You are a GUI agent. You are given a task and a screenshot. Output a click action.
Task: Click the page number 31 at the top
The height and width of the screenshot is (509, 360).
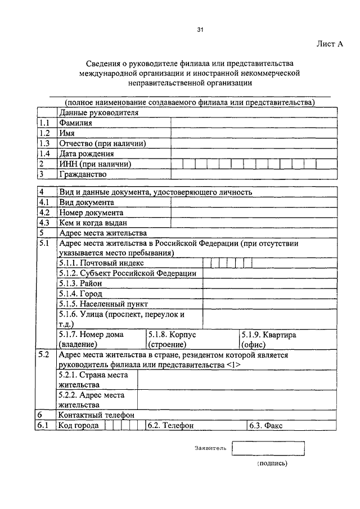click(200, 30)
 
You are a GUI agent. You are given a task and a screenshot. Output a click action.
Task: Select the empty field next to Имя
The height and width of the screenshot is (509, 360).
click(254, 133)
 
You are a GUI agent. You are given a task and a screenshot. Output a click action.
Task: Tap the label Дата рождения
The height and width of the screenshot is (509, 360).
click(86, 154)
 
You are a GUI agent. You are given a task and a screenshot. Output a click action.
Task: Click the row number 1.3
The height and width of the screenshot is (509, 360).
click(45, 143)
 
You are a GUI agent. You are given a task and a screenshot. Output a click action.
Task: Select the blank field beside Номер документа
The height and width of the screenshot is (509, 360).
click(254, 213)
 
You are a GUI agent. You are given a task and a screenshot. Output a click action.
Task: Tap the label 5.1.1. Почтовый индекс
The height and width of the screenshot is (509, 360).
click(101, 263)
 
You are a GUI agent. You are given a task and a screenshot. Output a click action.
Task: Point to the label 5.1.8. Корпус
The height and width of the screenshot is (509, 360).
click(172, 335)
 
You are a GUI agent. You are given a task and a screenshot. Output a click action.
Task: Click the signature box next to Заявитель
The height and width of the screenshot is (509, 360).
click(268, 448)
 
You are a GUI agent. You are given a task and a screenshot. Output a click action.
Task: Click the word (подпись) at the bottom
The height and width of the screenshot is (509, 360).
click(272, 464)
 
